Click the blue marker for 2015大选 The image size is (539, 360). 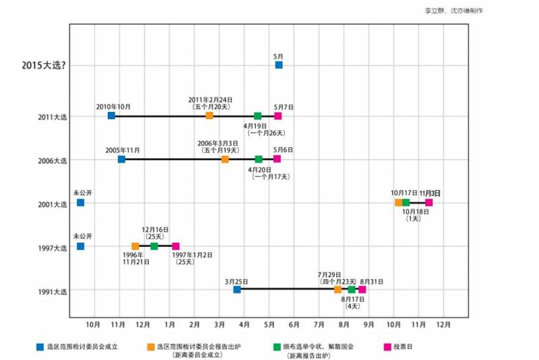[x=279, y=65]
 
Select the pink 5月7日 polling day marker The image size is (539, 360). [x=278, y=116]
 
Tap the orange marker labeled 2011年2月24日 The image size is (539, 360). [x=210, y=116]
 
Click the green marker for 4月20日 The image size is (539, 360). [x=259, y=159]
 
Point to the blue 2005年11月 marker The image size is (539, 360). [x=121, y=159]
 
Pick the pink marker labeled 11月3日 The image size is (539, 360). [x=429, y=202]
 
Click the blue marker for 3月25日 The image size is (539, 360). [x=237, y=289]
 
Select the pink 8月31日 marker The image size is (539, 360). [x=362, y=289]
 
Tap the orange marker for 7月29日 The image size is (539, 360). [x=338, y=289]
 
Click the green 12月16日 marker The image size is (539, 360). [x=154, y=246]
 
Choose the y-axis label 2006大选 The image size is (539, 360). [x=53, y=160]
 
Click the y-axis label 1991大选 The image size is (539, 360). [x=53, y=291]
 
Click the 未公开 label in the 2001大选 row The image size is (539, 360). [x=82, y=193]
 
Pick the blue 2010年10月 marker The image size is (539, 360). [x=112, y=116]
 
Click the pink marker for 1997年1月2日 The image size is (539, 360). [x=176, y=246]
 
